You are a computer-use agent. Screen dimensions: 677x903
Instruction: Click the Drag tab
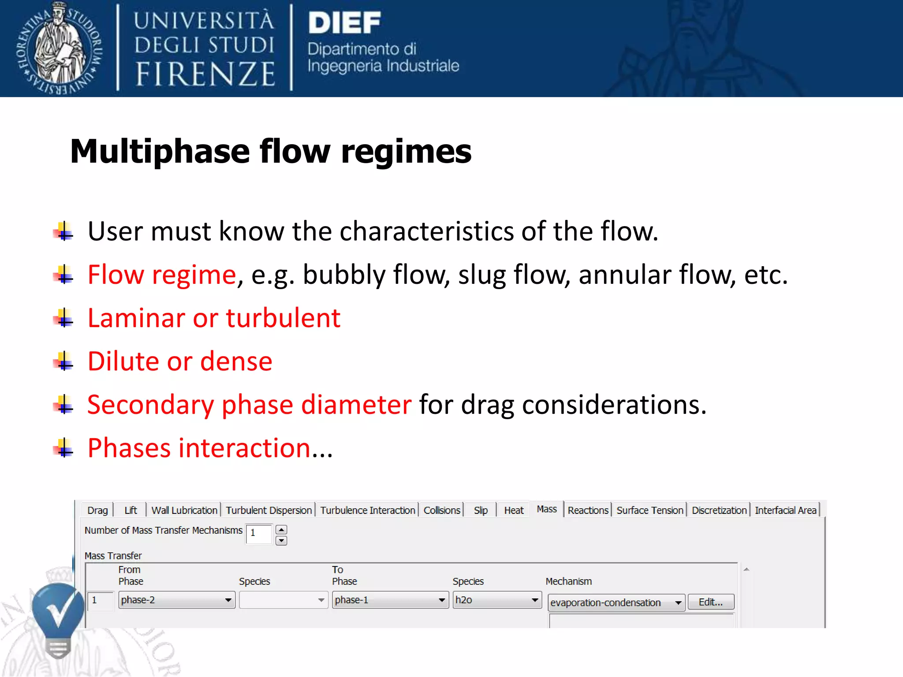(97, 510)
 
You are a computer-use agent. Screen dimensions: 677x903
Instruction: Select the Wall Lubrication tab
(184, 510)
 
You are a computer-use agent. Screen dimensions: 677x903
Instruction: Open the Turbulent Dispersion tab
(269, 510)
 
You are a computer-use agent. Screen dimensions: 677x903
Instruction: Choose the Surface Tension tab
(649, 510)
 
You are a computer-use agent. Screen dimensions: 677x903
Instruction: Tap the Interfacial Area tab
(785, 510)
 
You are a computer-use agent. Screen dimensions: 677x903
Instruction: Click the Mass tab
(547, 509)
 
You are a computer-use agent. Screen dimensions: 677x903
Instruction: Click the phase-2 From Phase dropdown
(176, 600)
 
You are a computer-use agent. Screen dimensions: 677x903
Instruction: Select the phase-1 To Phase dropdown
(390, 600)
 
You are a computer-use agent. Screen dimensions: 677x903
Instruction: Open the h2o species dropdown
(497, 600)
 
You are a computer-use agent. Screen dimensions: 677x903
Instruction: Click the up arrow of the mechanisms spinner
(281, 529)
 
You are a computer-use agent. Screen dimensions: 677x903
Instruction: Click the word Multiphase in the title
(160, 152)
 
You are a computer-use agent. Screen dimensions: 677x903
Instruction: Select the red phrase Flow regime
(162, 275)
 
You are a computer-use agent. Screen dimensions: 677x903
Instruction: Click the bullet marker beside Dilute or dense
(64, 361)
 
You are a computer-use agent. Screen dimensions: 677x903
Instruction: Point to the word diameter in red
(356, 405)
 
